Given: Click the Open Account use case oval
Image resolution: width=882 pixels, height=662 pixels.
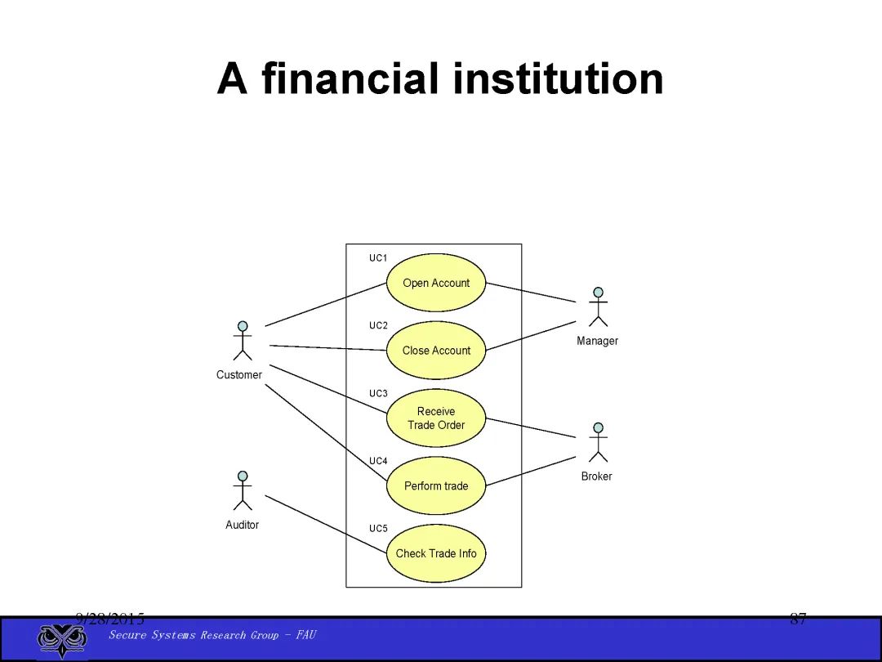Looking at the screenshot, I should point(436,283).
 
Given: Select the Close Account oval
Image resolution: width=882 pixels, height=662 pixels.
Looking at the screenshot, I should point(436,351).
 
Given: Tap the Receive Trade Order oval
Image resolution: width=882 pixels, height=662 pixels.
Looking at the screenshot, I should point(436,418).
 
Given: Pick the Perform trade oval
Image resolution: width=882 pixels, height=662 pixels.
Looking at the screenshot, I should point(436,485).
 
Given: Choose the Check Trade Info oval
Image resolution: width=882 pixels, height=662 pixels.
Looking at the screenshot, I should point(436,553).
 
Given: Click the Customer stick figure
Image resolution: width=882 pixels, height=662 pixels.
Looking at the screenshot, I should point(242,341).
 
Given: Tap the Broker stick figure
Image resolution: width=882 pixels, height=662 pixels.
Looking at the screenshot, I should point(598,442).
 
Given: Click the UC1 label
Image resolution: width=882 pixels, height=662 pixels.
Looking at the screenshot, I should point(378,258).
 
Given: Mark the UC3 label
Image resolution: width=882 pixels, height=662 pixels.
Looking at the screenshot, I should point(378,393).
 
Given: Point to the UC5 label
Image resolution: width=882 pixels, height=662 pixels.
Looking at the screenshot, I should point(378,529).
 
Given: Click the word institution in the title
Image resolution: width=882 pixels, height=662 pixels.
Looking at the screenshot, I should point(558,79).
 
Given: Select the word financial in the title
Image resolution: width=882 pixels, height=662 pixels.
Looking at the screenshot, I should point(351,79).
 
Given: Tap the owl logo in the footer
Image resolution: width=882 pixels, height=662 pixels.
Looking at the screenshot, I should point(62,639).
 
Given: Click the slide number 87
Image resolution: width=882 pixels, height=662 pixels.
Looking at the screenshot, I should point(798,620).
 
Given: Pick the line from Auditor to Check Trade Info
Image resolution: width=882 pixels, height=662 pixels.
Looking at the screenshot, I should point(325,524).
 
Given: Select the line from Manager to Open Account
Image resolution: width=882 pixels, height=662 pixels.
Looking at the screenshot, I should point(531,293).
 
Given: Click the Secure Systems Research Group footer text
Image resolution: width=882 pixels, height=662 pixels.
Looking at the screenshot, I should point(212,635).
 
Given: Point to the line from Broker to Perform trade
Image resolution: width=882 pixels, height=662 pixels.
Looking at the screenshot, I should point(531,471).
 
